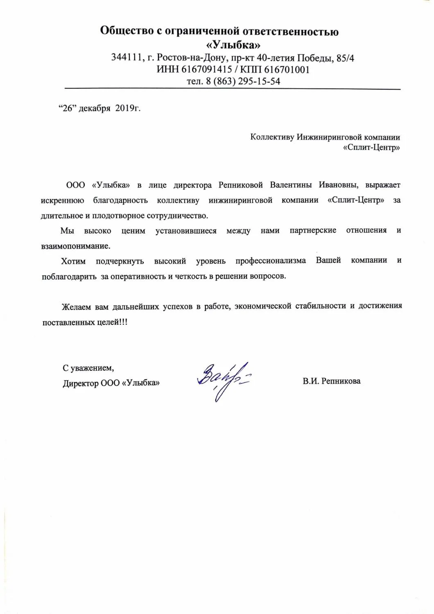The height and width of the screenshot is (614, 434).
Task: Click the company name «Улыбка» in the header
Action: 232,44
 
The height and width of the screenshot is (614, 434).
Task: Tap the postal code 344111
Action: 126,58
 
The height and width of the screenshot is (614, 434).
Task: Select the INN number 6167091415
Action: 201,70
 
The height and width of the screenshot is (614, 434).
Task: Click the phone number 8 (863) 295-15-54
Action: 243,81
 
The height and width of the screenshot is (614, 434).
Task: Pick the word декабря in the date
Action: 94,108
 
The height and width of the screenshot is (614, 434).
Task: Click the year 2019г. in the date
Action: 128,108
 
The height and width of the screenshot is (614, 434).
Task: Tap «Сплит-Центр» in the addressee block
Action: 371,148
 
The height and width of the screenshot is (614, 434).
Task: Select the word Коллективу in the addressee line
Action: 272,137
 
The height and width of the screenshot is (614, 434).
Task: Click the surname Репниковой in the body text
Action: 240,185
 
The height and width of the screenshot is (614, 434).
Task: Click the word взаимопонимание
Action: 76,246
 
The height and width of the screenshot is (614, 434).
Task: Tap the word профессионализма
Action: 271,261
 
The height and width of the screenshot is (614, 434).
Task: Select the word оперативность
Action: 138,276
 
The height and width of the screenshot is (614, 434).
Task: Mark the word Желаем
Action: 77,306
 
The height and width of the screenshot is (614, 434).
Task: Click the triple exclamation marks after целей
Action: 124,322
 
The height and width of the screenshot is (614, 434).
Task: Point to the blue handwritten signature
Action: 223,379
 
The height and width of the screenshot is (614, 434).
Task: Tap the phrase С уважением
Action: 88,368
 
